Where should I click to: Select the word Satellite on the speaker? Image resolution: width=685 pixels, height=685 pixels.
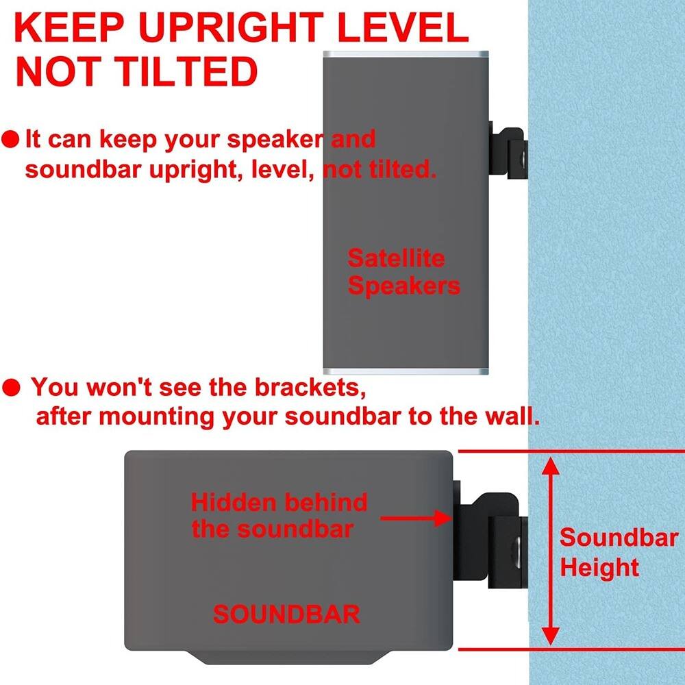click(x=396, y=258)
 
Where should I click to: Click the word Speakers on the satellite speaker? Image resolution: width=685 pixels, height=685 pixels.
click(x=403, y=286)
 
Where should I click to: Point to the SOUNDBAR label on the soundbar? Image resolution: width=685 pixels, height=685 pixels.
click(x=286, y=614)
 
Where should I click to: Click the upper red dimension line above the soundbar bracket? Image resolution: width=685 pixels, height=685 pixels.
click(x=569, y=451)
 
